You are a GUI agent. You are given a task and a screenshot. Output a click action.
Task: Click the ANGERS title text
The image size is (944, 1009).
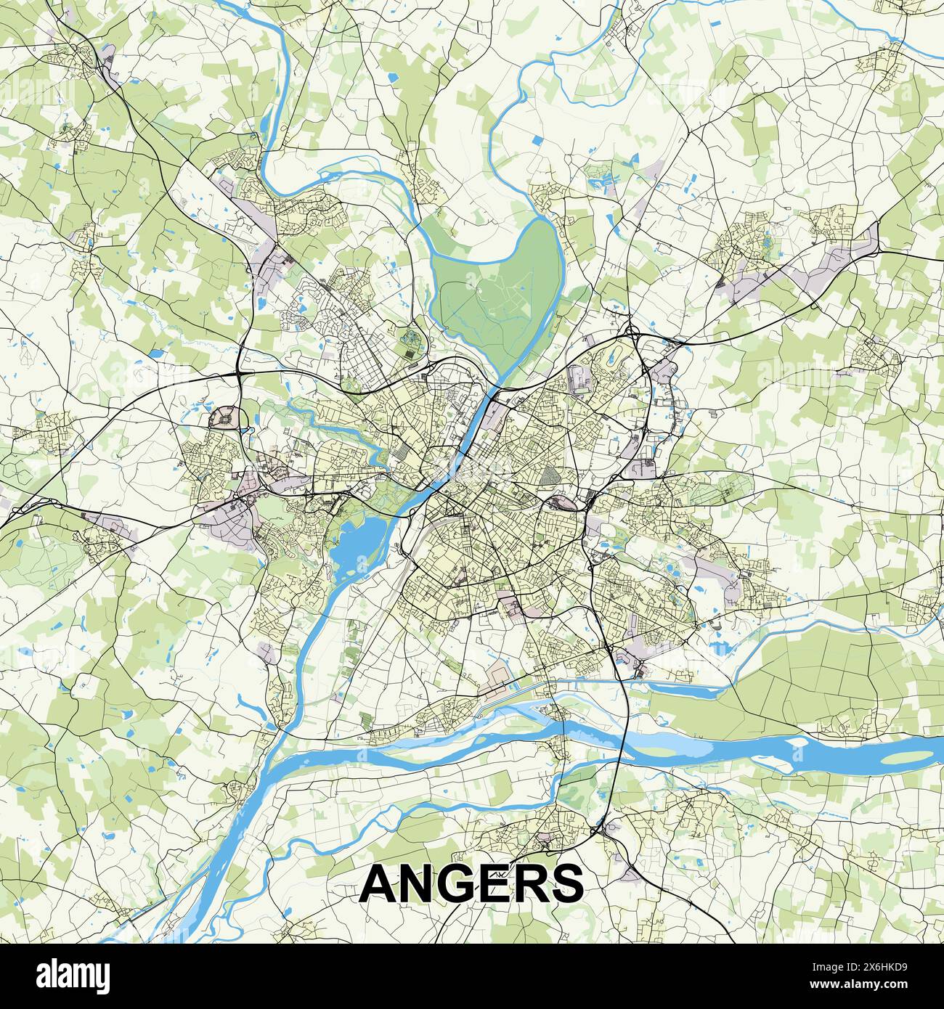click(x=471, y=882)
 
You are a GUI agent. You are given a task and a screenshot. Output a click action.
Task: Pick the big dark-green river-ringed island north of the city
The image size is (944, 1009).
click(x=494, y=290)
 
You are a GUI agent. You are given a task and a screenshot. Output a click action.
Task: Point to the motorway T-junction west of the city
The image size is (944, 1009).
click(x=240, y=372)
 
